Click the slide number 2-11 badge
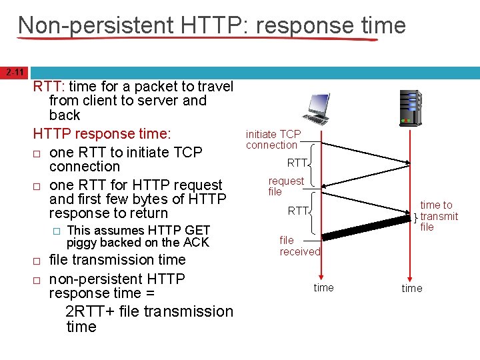15,72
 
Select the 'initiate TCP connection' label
273,139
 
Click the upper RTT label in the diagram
297,163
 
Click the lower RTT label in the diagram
297,211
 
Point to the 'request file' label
285,186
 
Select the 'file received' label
299,245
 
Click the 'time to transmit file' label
439,216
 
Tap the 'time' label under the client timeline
323,287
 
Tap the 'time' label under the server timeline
411,288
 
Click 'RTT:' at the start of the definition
47,86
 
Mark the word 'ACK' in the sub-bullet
196,243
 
